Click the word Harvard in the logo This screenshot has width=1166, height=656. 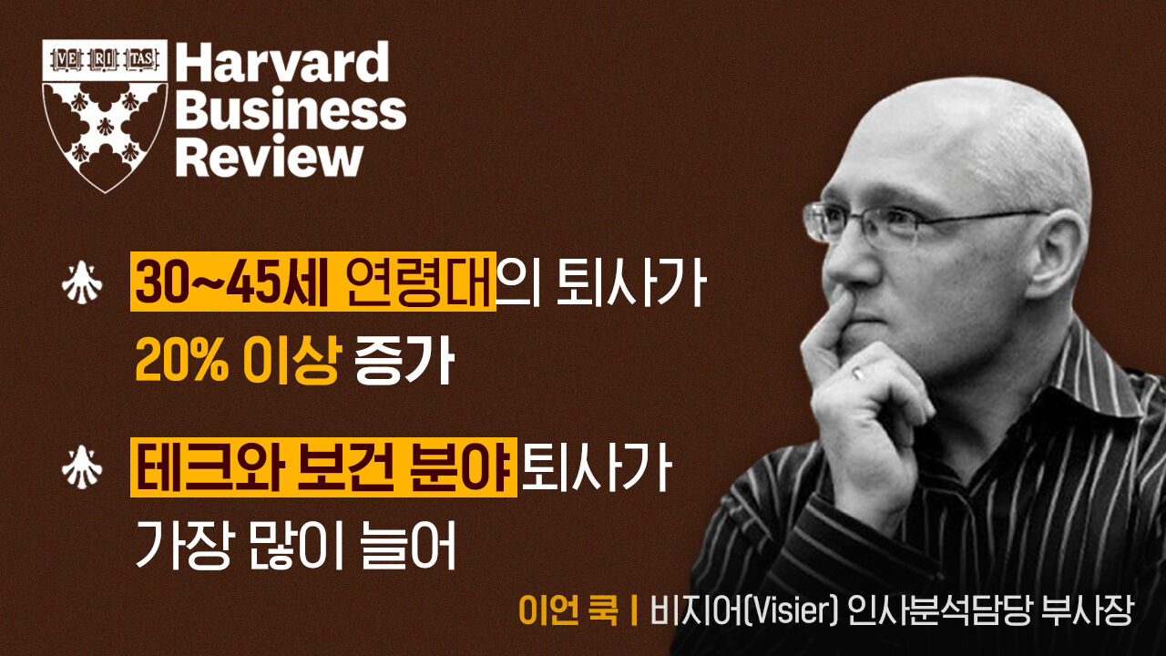281,63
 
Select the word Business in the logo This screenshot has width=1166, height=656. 291,111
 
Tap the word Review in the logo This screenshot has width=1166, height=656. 269,158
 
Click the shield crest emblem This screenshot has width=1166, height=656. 105,114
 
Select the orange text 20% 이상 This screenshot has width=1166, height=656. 237,358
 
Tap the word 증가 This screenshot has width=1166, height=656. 404,358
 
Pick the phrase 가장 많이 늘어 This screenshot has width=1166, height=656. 295,545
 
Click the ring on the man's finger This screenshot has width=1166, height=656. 857,372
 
